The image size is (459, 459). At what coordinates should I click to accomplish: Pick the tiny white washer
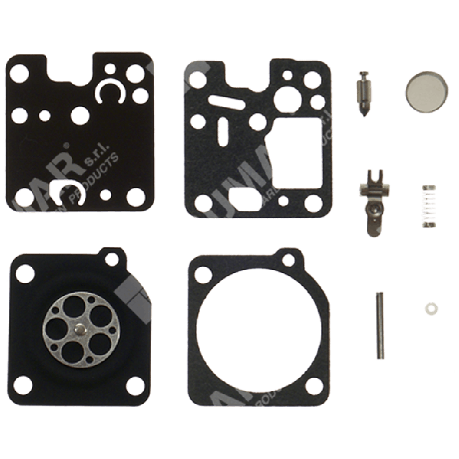[x=428, y=308]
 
